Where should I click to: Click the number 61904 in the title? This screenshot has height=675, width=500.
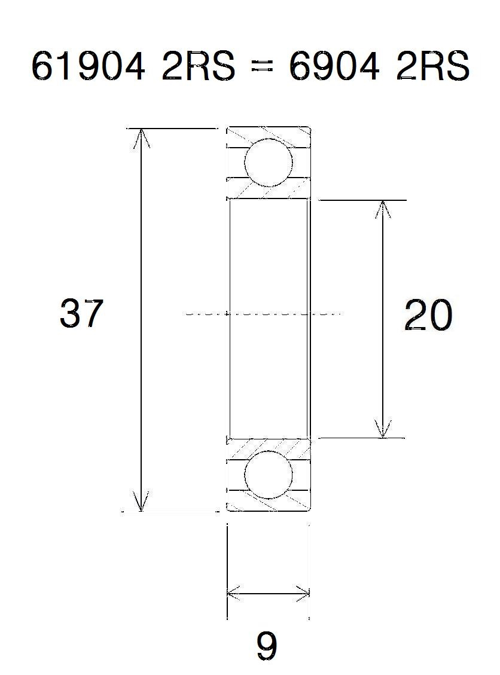89,66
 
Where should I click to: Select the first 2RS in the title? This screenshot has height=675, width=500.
199,66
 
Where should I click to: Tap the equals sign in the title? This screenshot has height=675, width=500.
263,68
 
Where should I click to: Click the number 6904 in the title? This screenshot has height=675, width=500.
334,66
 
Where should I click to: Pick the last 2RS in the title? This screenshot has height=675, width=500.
432,66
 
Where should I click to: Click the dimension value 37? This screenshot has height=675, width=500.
81,313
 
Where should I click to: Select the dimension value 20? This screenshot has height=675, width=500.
428,315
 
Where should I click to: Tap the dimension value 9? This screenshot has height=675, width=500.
267,646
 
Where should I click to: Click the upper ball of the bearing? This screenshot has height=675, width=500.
269,162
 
